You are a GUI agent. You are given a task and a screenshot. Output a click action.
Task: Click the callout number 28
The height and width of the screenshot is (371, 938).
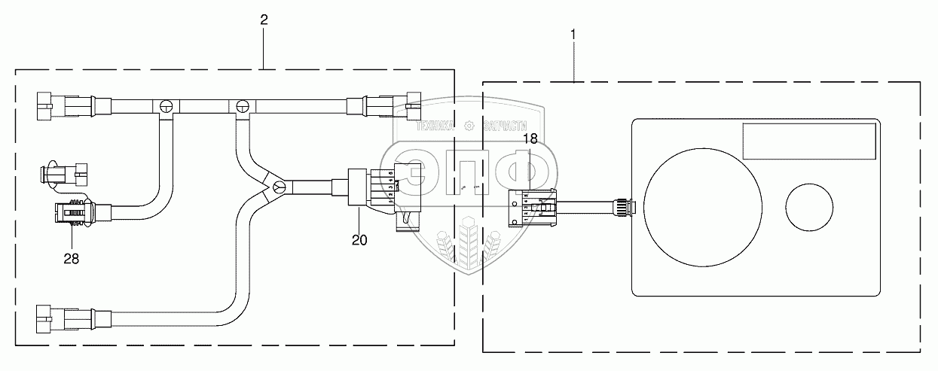click(71, 258)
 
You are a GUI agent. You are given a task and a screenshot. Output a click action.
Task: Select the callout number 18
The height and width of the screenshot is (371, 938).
click(530, 138)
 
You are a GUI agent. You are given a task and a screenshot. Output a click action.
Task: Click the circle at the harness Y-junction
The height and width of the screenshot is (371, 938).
click(278, 187)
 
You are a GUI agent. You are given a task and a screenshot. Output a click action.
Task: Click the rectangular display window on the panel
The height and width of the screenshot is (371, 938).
click(809, 142)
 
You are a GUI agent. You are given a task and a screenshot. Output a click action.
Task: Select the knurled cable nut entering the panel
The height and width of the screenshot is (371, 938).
click(622, 205)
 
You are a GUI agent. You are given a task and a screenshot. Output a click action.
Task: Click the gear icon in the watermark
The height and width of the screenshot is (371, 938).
click(469, 126)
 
